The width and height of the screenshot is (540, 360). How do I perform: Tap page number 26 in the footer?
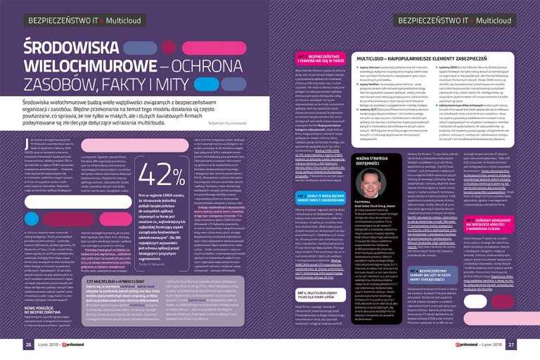(29, 345)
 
